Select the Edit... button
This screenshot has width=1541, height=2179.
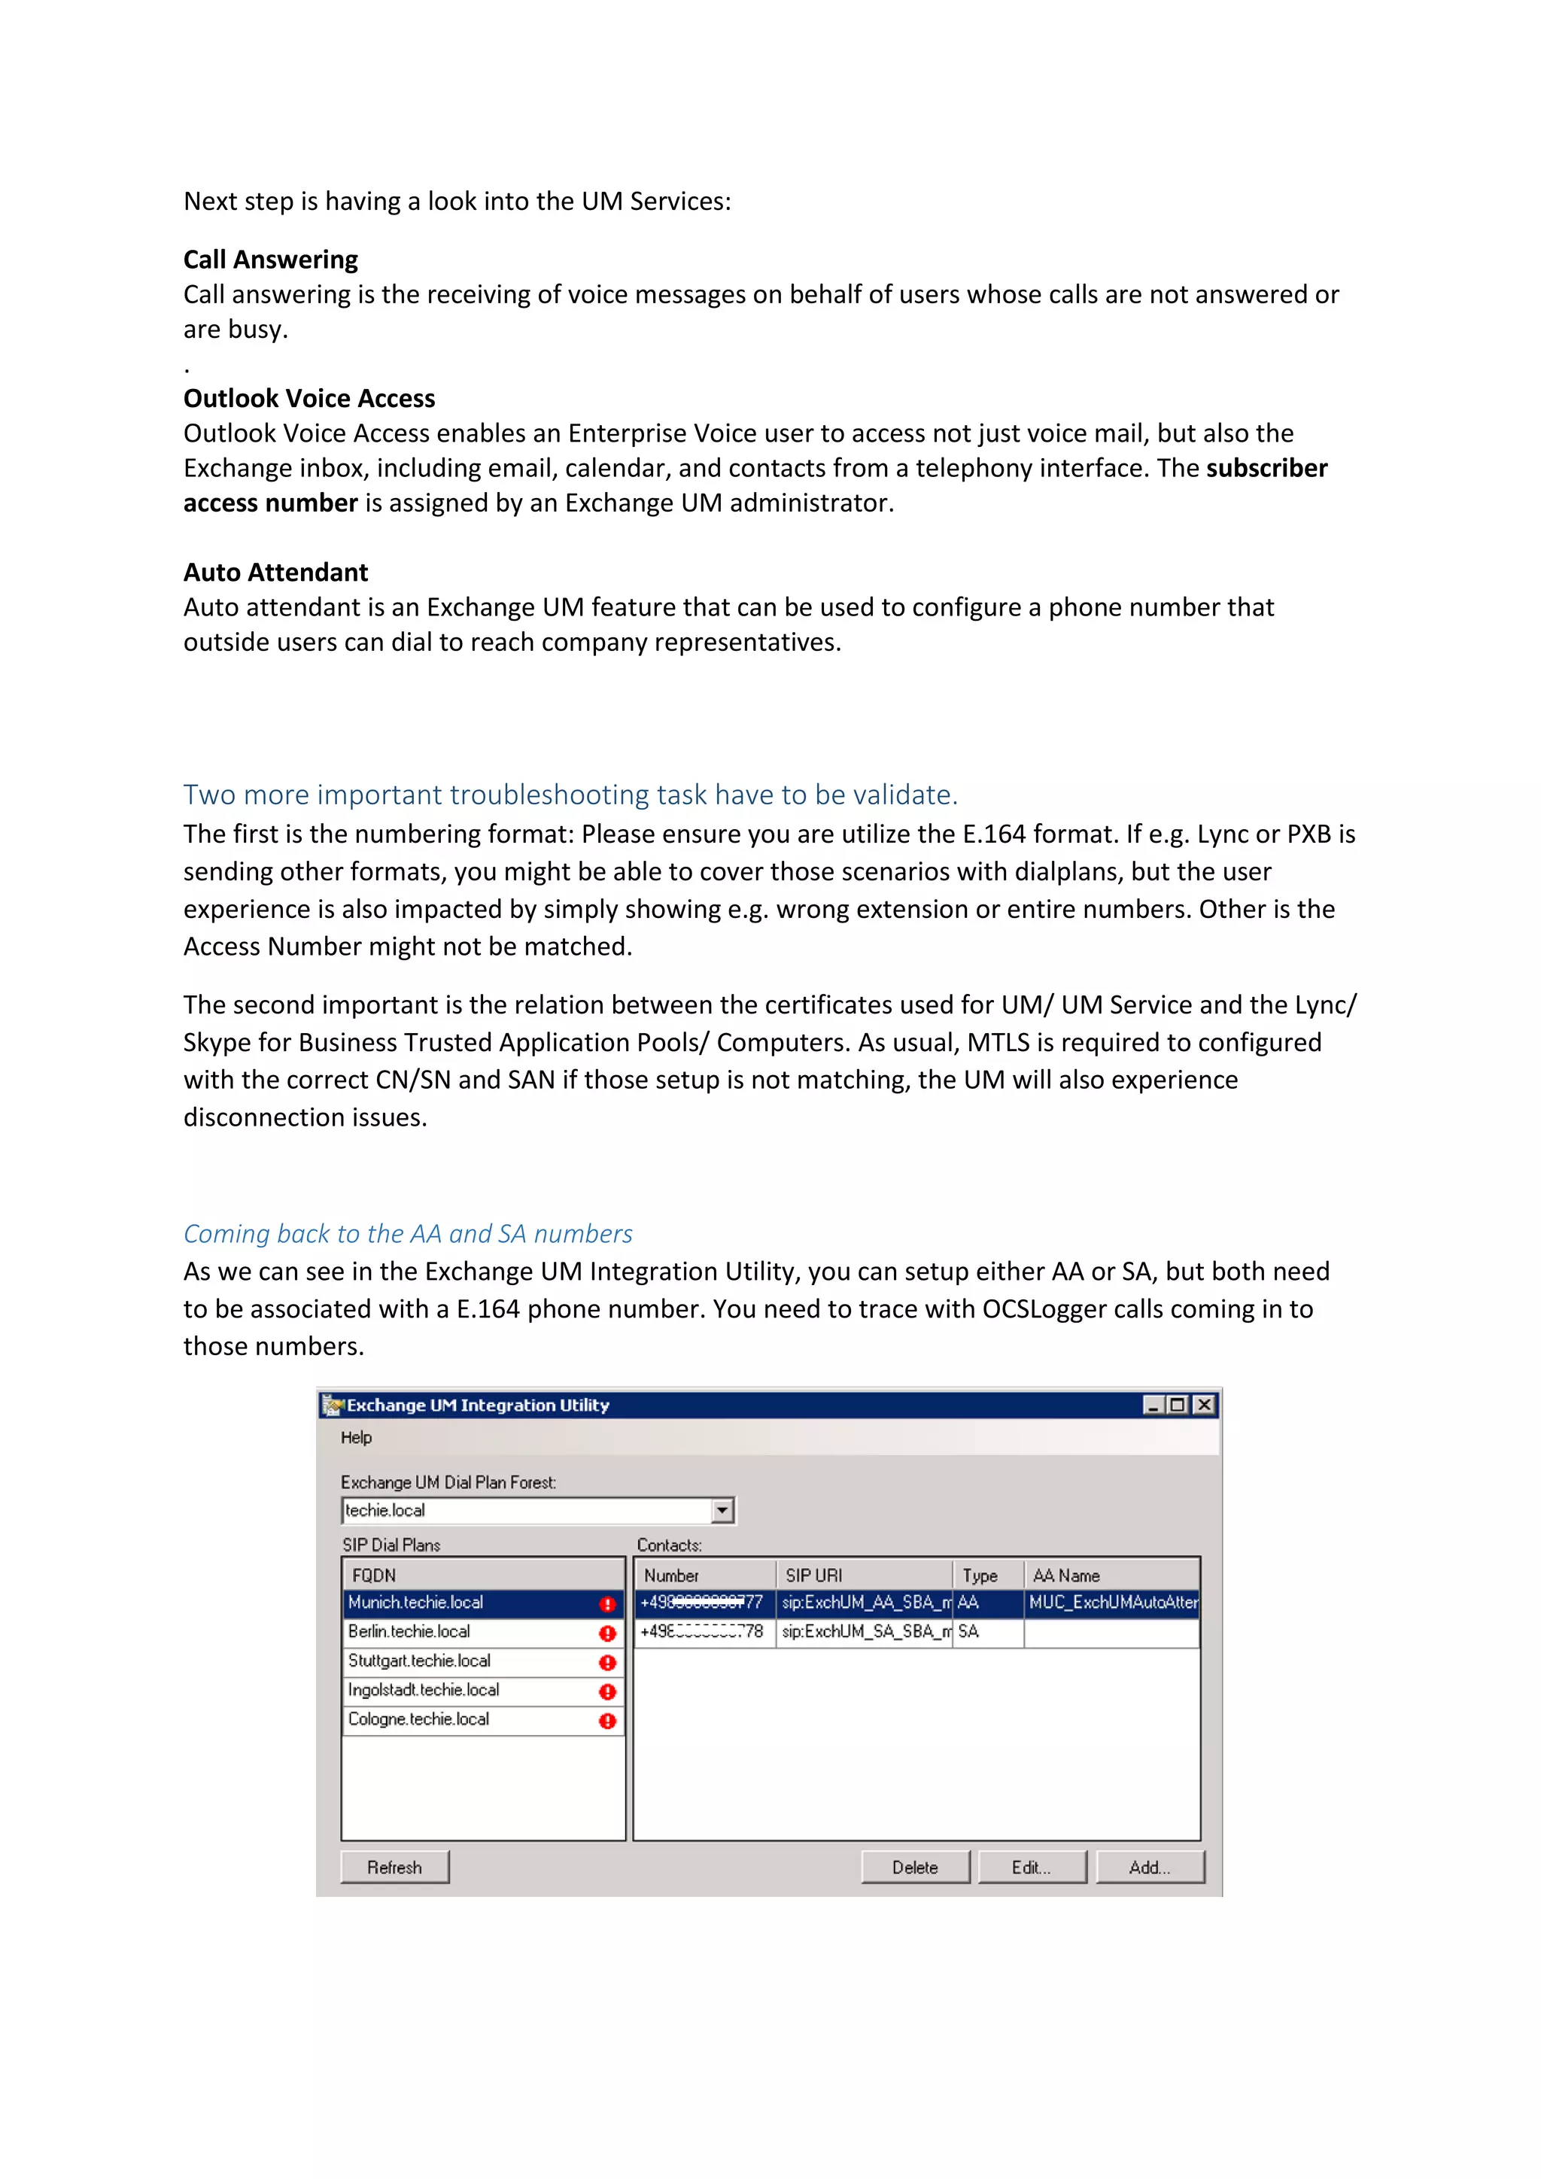[1032, 1867]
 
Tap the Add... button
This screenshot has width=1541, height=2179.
[1149, 1867]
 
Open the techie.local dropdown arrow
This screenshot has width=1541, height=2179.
[722, 1510]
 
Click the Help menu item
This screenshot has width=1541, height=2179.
[356, 1437]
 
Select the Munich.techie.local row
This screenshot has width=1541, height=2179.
[415, 1602]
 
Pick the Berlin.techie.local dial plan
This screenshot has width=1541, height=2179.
[409, 1631]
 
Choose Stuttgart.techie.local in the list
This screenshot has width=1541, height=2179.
[419, 1661]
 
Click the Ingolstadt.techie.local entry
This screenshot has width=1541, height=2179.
[423, 1689]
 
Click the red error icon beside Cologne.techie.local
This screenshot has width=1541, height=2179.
[607, 1721]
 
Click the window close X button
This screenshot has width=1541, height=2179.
[1203, 1405]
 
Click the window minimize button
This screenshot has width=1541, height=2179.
[1153, 1405]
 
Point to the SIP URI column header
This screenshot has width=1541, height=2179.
[813, 1576]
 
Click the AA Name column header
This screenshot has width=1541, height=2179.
[1065, 1576]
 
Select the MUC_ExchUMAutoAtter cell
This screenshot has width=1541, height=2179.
[1112, 1602]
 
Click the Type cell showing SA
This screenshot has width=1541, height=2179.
[969, 1631]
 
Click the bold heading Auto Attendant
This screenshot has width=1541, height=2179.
[275, 573]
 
